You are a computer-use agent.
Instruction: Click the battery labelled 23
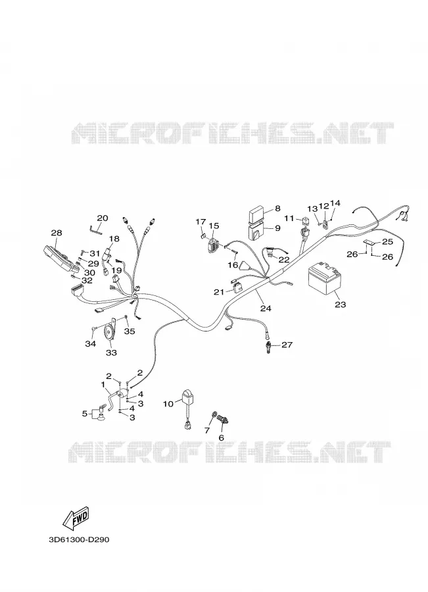[x=325, y=280]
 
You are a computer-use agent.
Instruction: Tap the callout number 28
[x=57, y=233]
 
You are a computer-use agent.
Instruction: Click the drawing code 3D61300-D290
[x=79, y=539]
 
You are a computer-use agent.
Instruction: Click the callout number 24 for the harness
[x=266, y=308]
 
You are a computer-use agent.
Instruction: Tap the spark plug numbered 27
[x=268, y=344]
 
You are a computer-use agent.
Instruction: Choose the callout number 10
[x=168, y=404]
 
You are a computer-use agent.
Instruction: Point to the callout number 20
[x=103, y=218]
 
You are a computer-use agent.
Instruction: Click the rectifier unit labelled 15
[x=212, y=245]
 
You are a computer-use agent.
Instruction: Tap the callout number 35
[x=130, y=332]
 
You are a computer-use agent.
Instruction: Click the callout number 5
[x=85, y=414]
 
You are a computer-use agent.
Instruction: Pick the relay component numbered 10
[x=187, y=409]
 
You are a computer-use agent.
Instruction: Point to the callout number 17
[x=201, y=221]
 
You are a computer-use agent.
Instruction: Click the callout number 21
[x=219, y=292]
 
